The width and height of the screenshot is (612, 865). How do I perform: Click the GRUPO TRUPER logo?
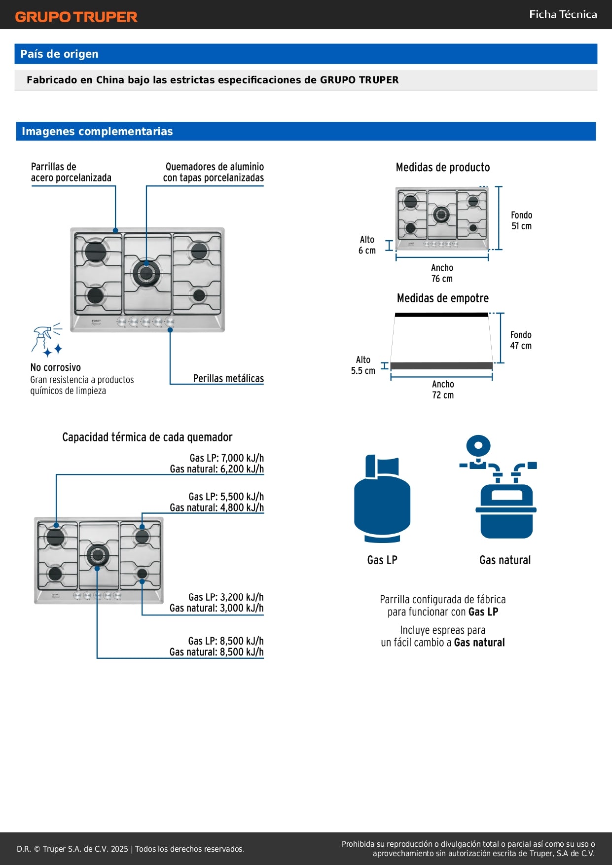(x=76, y=17)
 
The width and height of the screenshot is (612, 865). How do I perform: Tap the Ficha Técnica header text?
(x=563, y=14)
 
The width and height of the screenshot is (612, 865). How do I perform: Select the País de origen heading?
(x=59, y=54)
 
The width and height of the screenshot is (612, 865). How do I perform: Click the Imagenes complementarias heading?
(x=97, y=131)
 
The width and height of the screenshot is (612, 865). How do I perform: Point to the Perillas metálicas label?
(x=228, y=378)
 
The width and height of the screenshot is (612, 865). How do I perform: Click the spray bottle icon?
(x=47, y=340)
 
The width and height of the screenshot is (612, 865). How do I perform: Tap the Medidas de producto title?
(x=443, y=167)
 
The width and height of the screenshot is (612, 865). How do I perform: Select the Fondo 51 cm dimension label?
(x=521, y=220)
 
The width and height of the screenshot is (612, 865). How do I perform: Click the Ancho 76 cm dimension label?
(x=442, y=273)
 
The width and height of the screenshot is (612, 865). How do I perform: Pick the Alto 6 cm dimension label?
(x=367, y=245)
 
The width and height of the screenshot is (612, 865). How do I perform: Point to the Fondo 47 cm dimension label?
(x=521, y=340)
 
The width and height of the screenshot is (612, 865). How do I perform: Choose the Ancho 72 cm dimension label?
(x=443, y=389)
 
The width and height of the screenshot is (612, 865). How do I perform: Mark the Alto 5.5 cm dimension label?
(x=363, y=365)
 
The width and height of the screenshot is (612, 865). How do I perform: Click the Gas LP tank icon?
(x=382, y=499)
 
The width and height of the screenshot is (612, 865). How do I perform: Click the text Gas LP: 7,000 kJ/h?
(x=226, y=458)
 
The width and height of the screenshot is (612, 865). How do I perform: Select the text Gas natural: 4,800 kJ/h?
(x=216, y=507)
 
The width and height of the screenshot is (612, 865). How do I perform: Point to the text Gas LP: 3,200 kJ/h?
(x=226, y=597)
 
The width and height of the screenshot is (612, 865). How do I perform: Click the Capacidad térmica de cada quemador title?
(x=147, y=437)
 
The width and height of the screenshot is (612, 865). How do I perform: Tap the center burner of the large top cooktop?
(x=146, y=273)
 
